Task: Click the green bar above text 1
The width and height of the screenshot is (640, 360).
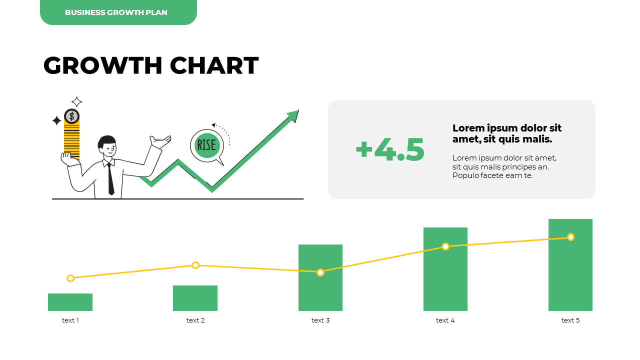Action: click(70, 302)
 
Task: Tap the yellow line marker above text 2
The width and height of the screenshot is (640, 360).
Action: click(195, 265)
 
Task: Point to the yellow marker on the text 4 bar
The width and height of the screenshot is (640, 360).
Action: click(445, 246)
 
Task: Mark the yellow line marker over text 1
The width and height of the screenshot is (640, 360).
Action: click(70, 278)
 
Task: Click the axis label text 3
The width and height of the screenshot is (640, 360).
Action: click(320, 320)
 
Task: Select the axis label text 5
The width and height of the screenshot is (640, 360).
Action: click(570, 320)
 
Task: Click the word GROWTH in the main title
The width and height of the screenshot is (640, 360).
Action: click(102, 65)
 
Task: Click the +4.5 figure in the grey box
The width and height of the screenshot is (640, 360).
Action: click(390, 149)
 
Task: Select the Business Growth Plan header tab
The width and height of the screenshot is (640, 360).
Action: click(118, 12)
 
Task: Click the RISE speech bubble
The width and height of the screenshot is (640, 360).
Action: click(206, 145)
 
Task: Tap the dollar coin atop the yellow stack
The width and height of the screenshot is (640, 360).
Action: click(71, 116)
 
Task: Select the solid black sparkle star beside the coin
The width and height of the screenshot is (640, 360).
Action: click(56, 120)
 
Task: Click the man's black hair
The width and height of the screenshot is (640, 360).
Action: click(106, 141)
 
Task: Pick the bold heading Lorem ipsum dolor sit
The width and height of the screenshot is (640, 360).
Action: click(507, 128)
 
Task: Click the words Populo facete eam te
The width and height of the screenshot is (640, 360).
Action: click(492, 175)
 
